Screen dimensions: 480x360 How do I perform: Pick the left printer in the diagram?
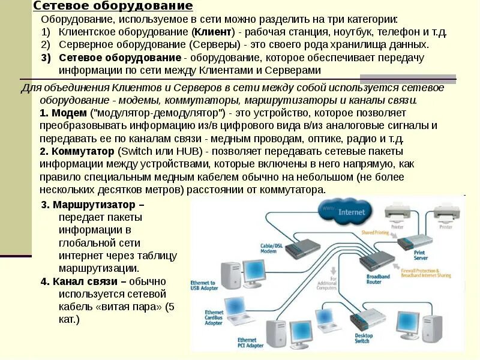point(397,212)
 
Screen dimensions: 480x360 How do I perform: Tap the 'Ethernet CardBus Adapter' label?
point(214,317)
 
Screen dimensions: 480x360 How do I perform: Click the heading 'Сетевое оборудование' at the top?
point(113,6)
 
